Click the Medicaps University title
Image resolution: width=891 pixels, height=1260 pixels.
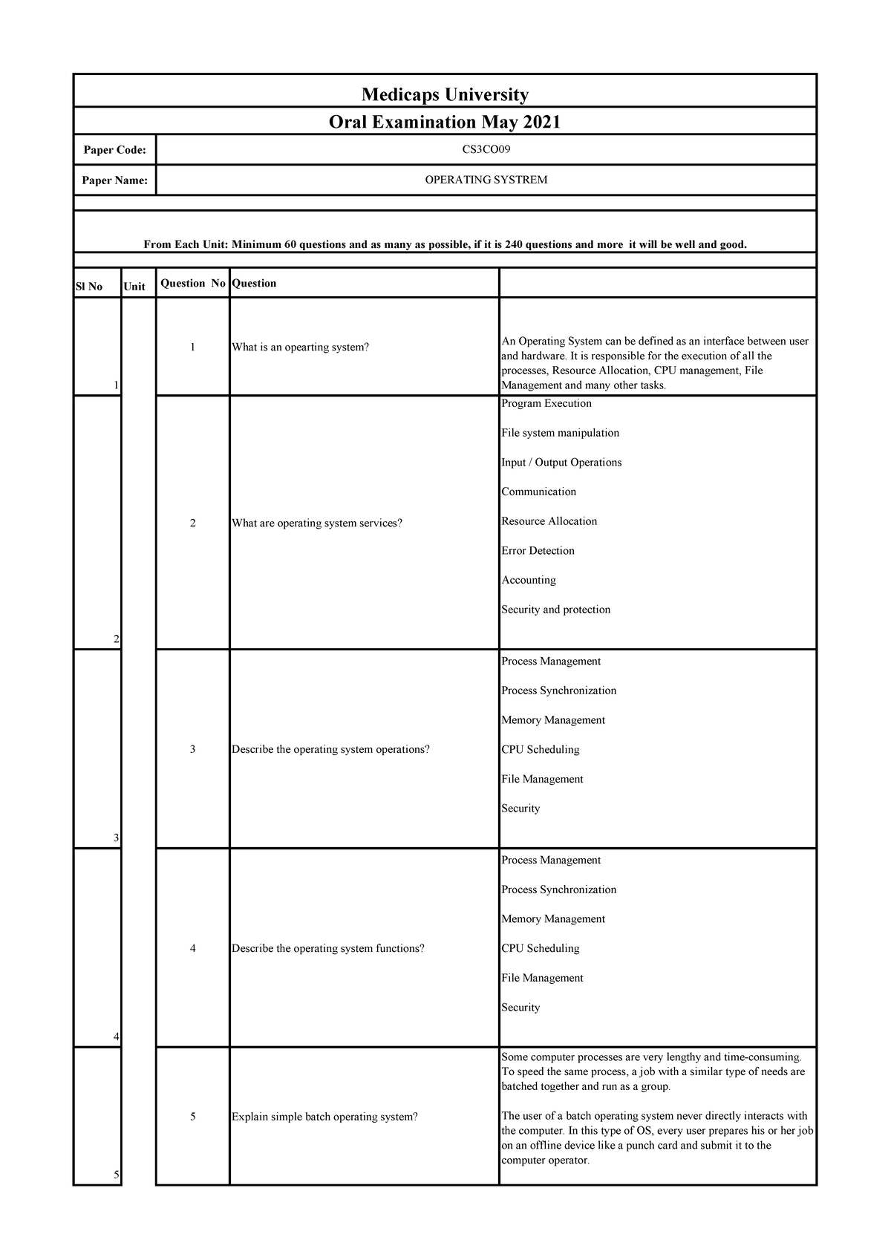point(445,94)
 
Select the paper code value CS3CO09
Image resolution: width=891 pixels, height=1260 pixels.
point(486,149)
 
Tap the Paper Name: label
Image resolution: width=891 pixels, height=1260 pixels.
point(114,180)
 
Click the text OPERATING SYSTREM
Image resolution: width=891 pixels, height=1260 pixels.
point(486,180)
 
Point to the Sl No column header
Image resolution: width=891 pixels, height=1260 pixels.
point(89,287)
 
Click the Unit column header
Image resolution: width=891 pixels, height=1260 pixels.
point(134,287)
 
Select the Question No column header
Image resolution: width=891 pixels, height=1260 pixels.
point(192,283)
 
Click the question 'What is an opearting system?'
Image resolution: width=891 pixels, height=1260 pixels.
point(300,347)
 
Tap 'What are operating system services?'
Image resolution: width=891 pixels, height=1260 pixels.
point(317,523)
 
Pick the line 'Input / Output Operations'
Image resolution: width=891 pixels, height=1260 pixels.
point(561,462)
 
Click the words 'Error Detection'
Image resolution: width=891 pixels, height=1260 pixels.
point(538,550)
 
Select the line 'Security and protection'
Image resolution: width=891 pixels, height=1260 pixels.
point(555,609)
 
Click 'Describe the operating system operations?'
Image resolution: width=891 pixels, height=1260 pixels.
point(330,749)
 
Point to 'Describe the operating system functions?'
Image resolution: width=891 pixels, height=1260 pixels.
point(328,948)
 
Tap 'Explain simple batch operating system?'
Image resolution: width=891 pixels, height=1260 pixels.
point(324,1117)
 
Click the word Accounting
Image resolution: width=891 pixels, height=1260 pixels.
point(529,580)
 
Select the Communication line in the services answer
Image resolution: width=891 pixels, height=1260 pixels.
point(538,492)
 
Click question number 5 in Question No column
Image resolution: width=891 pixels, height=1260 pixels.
point(192,1117)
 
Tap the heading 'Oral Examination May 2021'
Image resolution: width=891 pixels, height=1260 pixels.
point(445,122)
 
